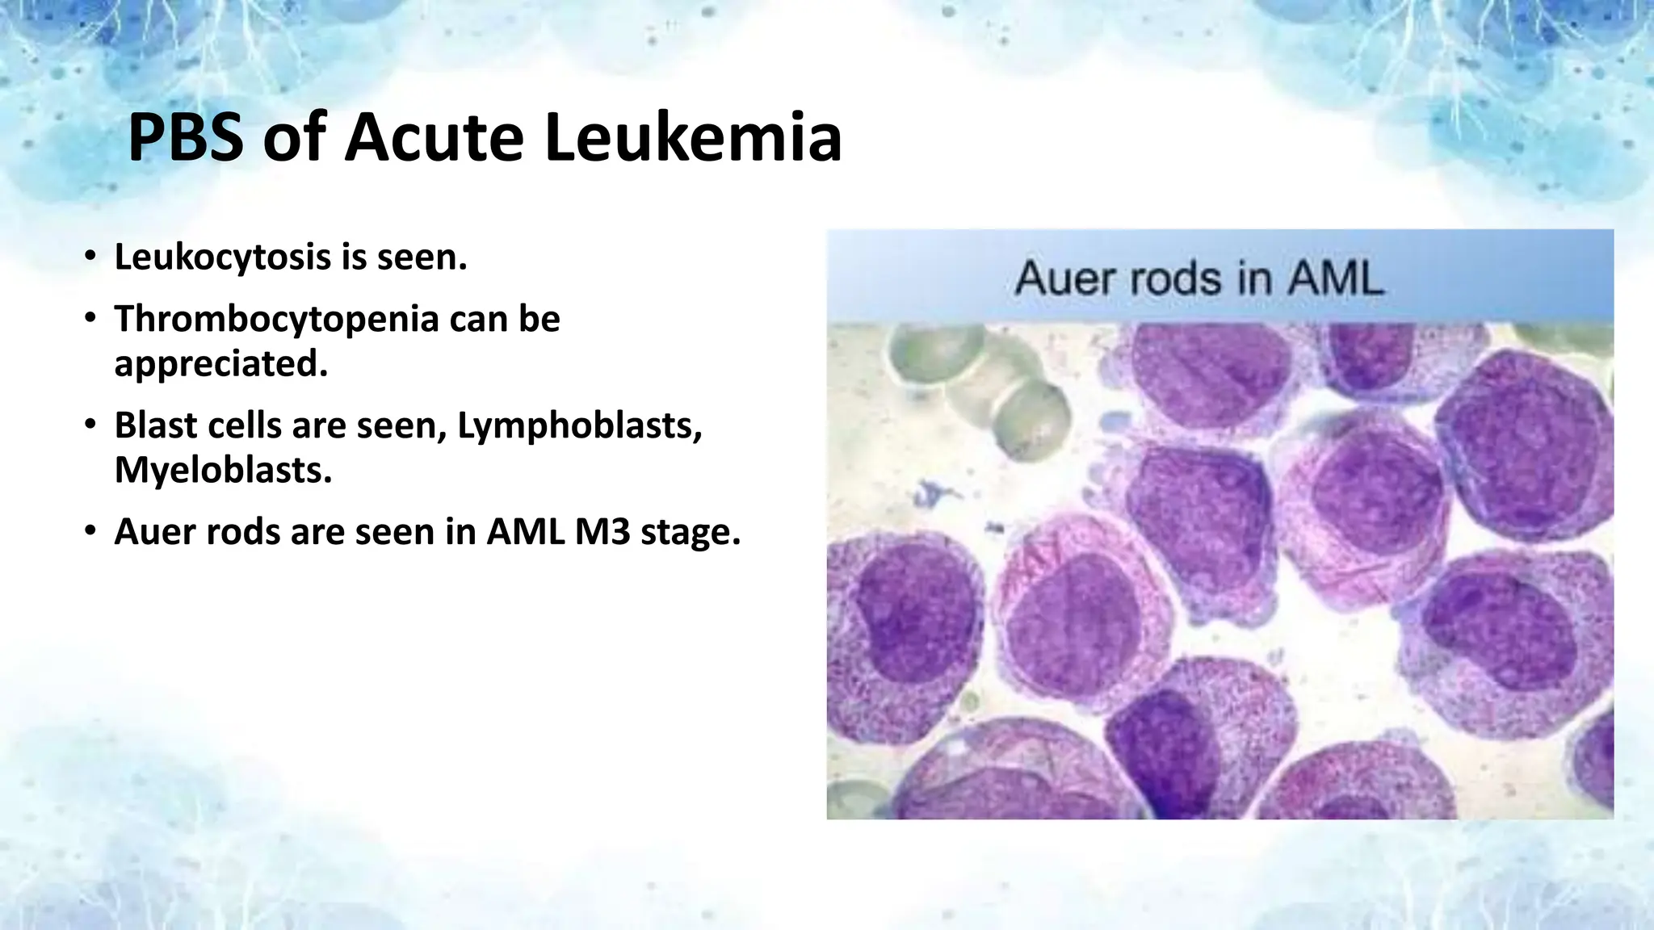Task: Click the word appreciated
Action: click(220, 364)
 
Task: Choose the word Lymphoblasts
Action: click(579, 425)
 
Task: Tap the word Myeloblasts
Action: click(223, 470)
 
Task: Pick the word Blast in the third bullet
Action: click(155, 425)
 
